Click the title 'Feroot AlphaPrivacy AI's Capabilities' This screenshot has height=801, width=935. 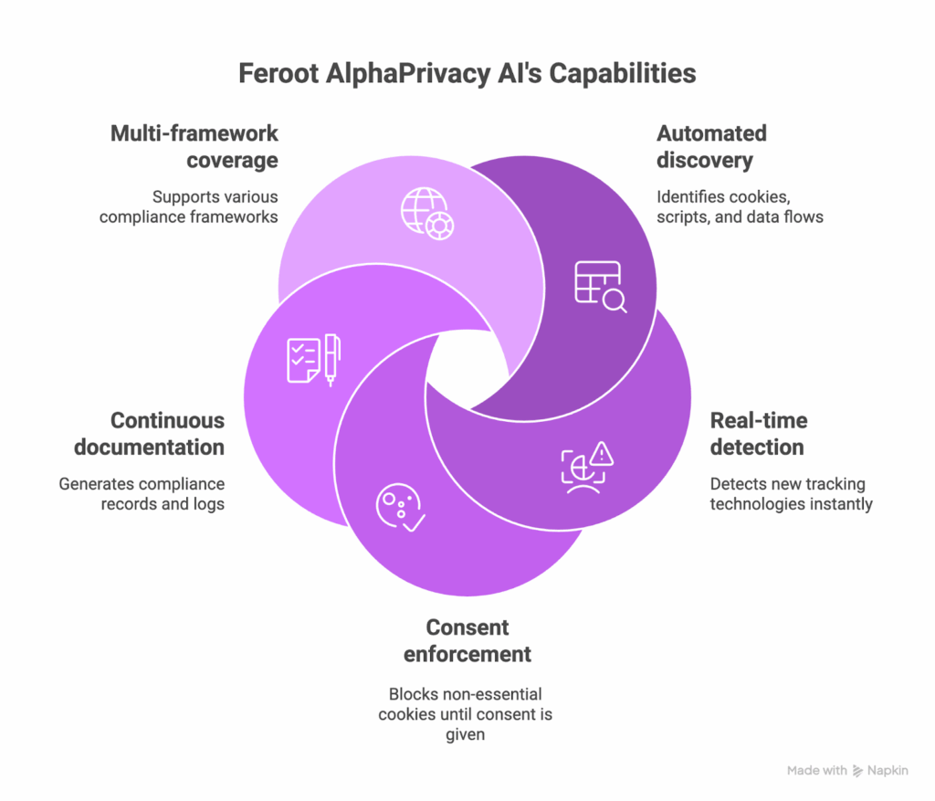point(467,73)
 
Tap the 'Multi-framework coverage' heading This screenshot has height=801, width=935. point(194,146)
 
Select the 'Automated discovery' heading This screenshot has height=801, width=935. point(711,146)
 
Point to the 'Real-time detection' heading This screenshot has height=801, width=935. point(759,434)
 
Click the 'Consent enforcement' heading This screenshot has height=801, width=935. point(467,640)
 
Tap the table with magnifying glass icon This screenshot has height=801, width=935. point(600,287)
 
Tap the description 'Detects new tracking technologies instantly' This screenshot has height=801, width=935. point(791,494)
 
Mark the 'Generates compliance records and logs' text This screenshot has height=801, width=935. point(142,494)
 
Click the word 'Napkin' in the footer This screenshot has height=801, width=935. point(888,771)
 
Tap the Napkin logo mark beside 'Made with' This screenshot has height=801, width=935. point(857,771)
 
